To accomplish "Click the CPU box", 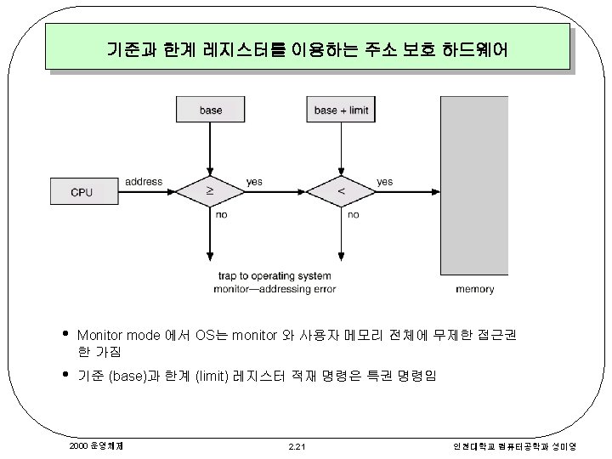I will (x=82, y=192).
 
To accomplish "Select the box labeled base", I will (x=211, y=110).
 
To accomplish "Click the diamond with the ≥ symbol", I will (x=211, y=192).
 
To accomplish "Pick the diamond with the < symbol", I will (x=341, y=192).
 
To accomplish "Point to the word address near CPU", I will (x=143, y=181).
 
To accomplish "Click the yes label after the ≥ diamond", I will (x=254, y=181).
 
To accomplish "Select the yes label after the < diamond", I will (x=384, y=181).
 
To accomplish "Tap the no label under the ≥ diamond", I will (x=221, y=215).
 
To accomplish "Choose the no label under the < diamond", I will (x=353, y=215).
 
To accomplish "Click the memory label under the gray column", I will (x=474, y=289).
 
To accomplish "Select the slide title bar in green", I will (x=307, y=48).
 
